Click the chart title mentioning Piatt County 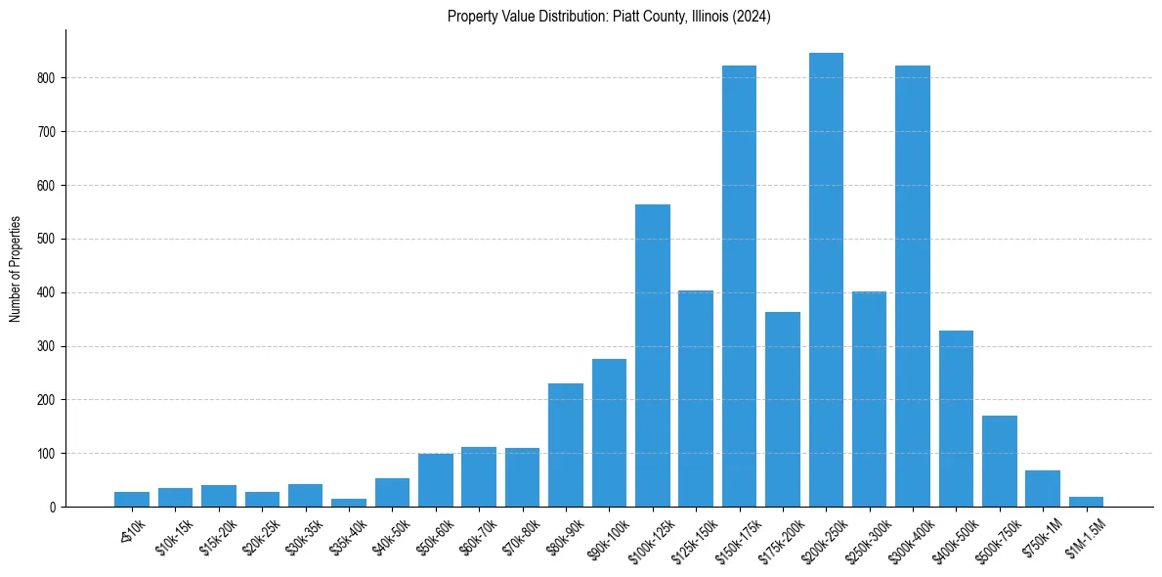[x=609, y=17]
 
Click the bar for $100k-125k [x=653, y=356]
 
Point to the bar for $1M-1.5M [x=1086, y=502]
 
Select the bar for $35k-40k [x=349, y=503]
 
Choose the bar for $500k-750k [x=999, y=462]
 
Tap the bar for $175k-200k [x=783, y=410]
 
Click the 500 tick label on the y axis [x=49, y=239]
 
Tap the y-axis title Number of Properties [x=15, y=268]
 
